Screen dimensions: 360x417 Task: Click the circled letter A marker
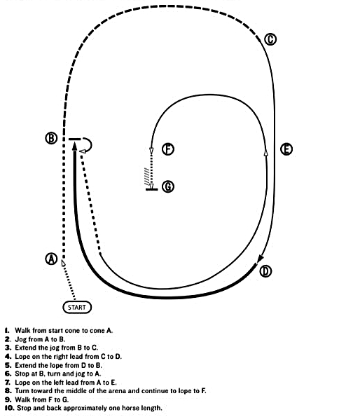click(x=51, y=259)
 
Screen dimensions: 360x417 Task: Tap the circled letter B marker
click(x=51, y=138)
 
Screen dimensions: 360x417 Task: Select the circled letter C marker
click(x=270, y=39)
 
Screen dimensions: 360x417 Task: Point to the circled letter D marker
click(x=265, y=271)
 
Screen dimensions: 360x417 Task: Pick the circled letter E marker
click(x=286, y=149)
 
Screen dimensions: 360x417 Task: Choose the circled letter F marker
click(x=168, y=149)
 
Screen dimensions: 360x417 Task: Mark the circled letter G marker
click(x=168, y=186)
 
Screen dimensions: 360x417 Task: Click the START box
click(x=77, y=308)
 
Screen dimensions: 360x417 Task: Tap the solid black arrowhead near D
click(x=260, y=259)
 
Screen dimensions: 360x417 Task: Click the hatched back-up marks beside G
click(x=146, y=175)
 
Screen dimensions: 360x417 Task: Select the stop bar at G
click(x=152, y=189)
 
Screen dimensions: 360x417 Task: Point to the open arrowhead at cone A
click(x=63, y=263)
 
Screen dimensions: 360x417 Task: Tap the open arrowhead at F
click(x=151, y=151)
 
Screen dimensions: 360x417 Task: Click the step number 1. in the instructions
click(x=7, y=331)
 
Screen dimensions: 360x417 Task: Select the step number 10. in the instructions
click(x=10, y=408)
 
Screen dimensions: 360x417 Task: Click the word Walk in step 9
click(x=22, y=399)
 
